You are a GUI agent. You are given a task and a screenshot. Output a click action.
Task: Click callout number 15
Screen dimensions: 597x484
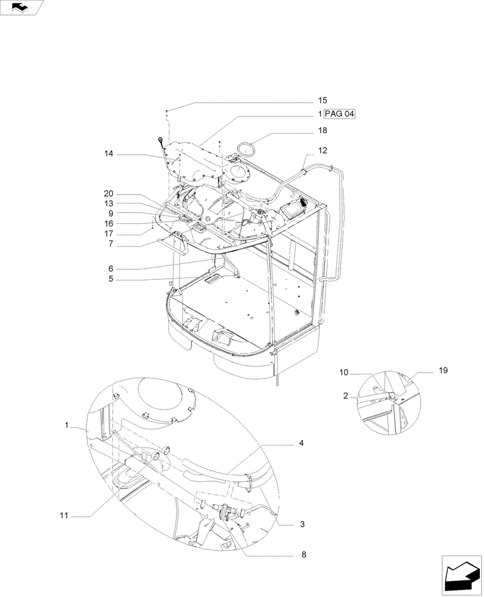[x=322, y=100]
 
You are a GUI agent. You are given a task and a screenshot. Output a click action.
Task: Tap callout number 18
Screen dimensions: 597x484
[x=322, y=130]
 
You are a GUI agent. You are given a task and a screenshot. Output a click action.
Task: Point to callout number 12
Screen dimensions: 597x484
[x=322, y=150]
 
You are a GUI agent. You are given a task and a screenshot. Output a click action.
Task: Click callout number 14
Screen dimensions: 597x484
[x=108, y=154]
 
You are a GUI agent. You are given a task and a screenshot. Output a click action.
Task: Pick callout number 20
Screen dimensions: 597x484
[x=108, y=194]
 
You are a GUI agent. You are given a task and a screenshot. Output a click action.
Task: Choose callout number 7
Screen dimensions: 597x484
[x=110, y=245]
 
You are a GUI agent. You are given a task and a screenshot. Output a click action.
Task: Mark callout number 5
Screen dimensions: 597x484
[x=110, y=278]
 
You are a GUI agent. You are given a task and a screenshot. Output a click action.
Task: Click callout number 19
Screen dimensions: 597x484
[x=443, y=371]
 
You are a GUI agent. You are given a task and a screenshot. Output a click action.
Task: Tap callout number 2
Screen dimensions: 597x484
[x=345, y=395]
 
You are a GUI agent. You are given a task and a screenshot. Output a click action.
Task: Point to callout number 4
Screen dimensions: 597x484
[x=302, y=443]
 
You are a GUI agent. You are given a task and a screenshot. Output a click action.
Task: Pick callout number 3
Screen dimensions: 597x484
[x=302, y=524]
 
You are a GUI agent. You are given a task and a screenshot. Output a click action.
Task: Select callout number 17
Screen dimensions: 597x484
[x=108, y=233]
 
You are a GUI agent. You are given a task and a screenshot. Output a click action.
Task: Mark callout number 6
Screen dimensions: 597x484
[x=110, y=268]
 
